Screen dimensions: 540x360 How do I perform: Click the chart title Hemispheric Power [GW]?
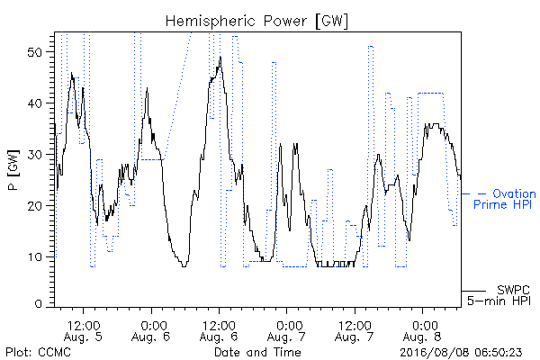(256, 21)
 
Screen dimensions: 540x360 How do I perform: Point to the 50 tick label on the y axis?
(35, 52)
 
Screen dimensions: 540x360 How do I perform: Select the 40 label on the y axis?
(35, 103)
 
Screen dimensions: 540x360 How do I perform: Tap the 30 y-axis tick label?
(35, 155)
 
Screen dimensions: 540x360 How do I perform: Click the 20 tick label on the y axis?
(35, 206)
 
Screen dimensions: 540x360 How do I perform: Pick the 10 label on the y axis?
(35, 257)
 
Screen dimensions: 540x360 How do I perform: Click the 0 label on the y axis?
(39, 304)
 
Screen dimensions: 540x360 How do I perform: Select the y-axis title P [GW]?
(13, 170)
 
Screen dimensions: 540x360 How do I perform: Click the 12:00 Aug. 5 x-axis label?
(84, 330)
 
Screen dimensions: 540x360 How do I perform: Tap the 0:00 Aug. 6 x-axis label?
(151, 330)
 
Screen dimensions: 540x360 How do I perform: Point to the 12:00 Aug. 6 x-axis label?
(219, 330)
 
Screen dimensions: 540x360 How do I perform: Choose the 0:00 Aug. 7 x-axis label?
(287, 330)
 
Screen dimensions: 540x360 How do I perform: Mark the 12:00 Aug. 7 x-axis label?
(355, 330)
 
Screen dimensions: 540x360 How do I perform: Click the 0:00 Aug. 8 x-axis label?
(423, 330)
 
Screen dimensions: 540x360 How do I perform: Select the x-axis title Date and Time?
(257, 352)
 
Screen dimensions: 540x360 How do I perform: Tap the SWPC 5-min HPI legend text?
(499, 295)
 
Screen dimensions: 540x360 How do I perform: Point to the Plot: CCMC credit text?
(38, 352)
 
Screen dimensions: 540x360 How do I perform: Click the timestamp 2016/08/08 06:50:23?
(461, 352)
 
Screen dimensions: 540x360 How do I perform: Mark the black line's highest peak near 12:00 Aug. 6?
(220, 57)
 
